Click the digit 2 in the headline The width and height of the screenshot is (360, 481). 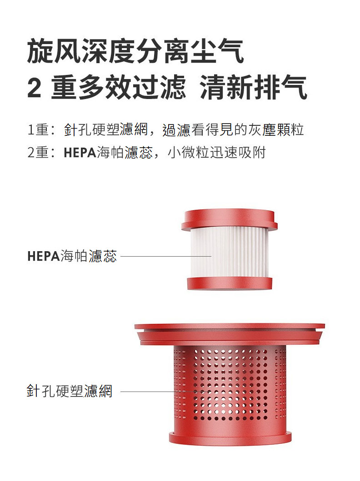coord(35,88)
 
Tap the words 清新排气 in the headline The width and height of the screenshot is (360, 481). coord(254,88)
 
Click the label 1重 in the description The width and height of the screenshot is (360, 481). coord(38,130)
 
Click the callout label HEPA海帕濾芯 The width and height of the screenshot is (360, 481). coord(72,257)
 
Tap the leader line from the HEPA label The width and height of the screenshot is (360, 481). coord(166,257)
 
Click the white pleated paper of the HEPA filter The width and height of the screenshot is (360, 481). coord(230,251)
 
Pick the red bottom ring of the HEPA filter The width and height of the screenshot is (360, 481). coord(230,283)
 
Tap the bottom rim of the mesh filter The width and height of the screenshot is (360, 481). coord(230,437)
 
